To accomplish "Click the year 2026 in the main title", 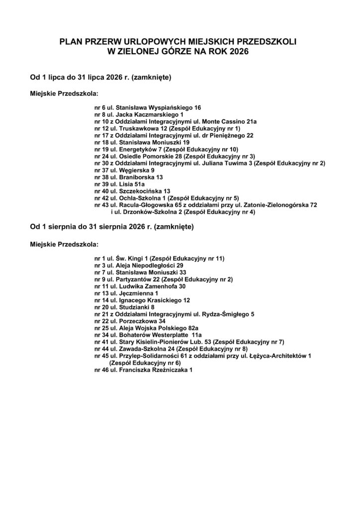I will pyautogui.click(x=239, y=51).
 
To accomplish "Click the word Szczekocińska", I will pyautogui.click(x=138, y=191).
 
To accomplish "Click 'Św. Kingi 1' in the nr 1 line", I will pyautogui.click(x=130, y=258).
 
